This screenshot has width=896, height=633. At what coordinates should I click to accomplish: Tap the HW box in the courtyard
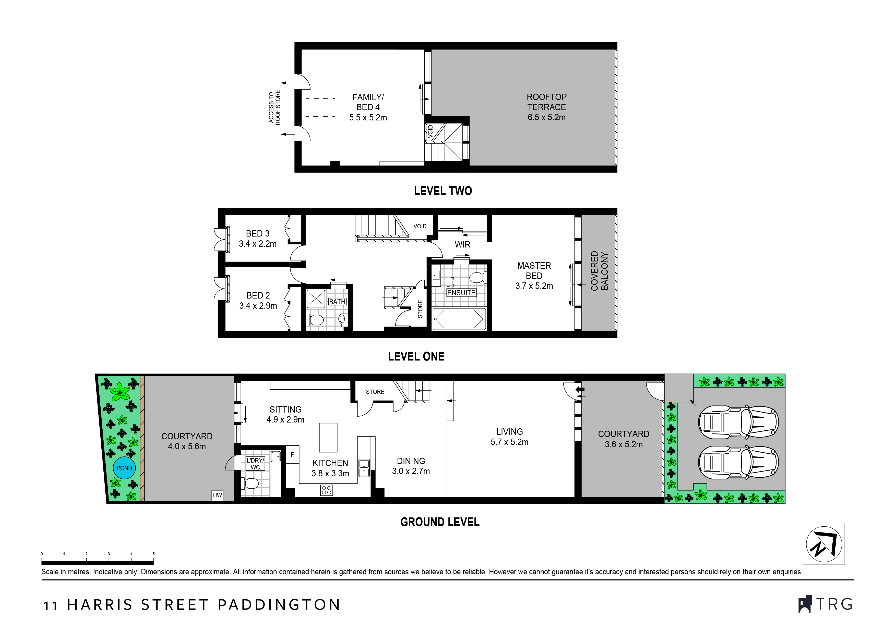(217, 495)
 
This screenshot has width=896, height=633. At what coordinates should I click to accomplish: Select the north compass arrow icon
(824, 544)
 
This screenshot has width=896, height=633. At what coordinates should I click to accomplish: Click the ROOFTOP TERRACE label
(546, 107)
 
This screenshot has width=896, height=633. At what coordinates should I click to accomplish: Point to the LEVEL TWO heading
(443, 191)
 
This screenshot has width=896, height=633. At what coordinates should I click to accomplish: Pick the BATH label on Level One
(337, 302)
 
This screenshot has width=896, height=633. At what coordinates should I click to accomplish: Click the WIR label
(462, 244)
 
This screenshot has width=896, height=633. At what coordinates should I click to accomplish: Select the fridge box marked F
(292, 454)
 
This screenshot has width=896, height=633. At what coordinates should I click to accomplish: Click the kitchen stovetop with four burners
(327, 490)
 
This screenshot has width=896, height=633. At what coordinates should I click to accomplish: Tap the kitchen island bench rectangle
(328, 438)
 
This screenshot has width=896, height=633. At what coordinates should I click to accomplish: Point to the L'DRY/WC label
(255, 464)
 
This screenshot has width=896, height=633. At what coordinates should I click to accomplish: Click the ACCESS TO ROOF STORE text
(274, 108)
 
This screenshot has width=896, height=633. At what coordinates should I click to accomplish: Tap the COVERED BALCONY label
(599, 271)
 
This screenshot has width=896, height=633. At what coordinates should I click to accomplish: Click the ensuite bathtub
(459, 319)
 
